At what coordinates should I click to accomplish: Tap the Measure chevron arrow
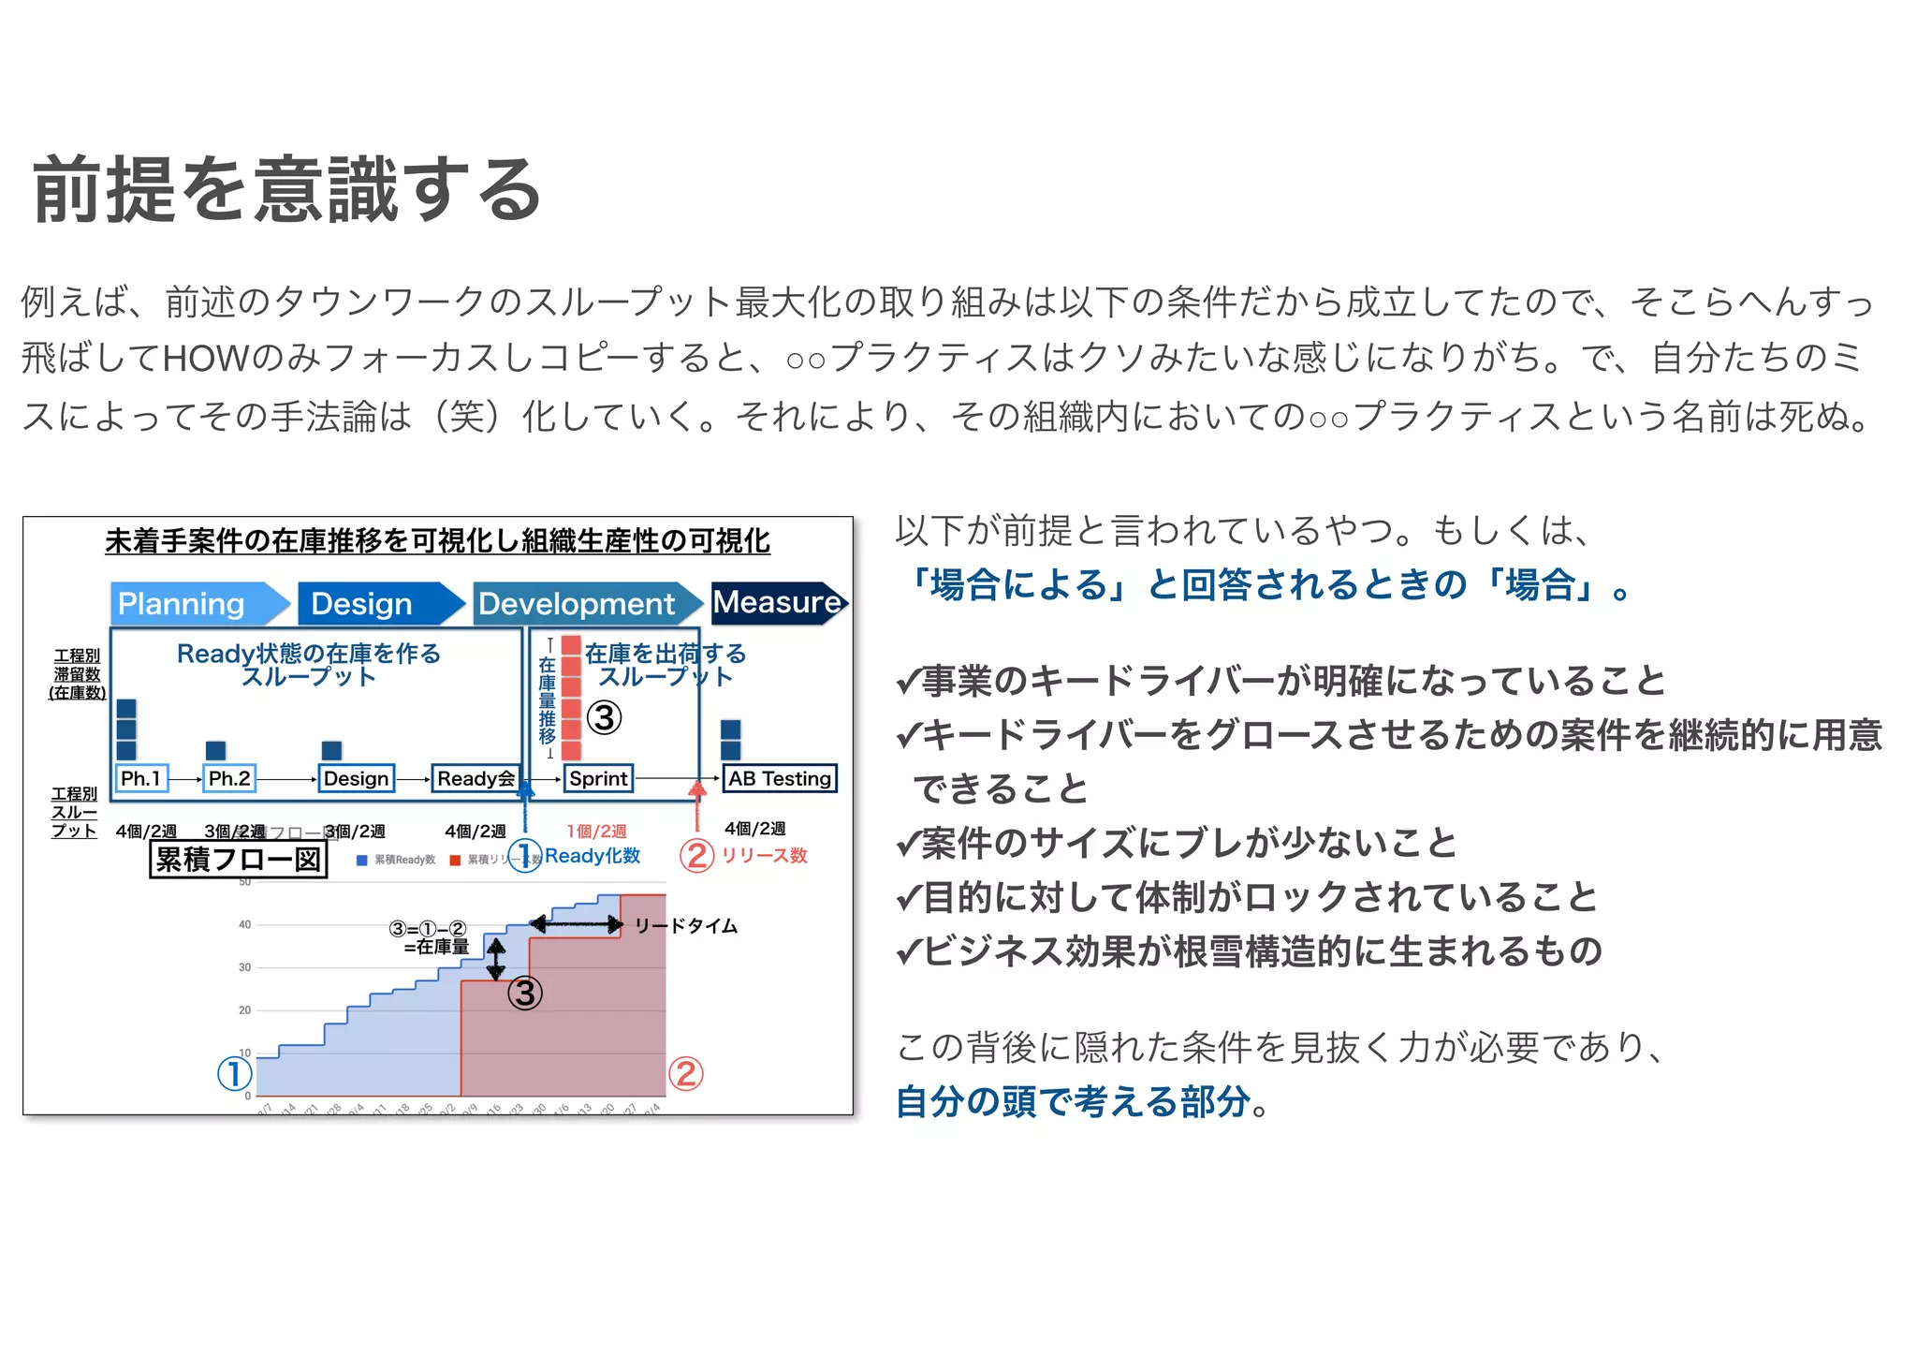[779, 602]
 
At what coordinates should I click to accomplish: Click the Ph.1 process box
[141, 778]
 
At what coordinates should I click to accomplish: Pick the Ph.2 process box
[229, 778]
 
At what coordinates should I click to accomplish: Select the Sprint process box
[599, 778]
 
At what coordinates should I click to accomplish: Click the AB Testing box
[780, 778]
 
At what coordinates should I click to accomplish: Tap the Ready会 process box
[476, 778]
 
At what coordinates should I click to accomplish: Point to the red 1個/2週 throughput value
[596, 831]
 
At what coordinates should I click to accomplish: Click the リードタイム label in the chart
[686, 926]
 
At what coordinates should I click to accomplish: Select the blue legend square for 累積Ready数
[362, 861]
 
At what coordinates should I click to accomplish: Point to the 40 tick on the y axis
[245, 924]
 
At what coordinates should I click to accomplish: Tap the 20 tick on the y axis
[245, 1010]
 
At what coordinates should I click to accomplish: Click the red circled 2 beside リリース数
[696, 855]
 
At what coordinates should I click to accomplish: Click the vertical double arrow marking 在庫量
[496, 959]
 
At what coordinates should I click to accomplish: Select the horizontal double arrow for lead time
[577, 925]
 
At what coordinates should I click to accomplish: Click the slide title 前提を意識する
[287, 190]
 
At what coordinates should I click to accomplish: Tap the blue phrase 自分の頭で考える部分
[1073, 1101]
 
